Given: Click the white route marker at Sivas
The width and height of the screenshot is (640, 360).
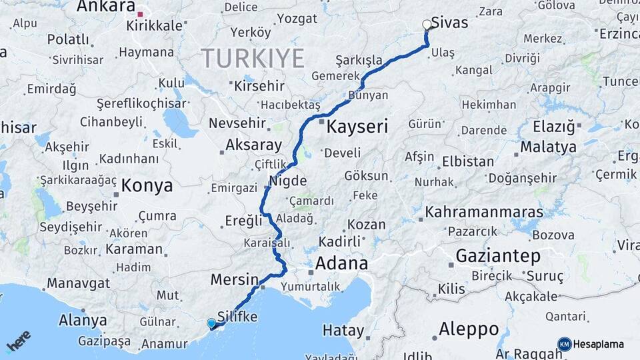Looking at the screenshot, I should [427, 25].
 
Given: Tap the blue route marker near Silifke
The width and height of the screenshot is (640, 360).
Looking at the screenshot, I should [211, 323].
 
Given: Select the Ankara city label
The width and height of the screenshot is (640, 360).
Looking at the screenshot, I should [106, 7].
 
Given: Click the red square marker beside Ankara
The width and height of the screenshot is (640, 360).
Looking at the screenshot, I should [140, 13].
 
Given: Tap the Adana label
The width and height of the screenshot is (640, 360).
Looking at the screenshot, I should [341, 263].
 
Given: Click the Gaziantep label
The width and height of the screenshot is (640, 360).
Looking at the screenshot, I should [498, 255].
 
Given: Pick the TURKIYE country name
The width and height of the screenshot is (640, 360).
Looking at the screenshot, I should [253, 59].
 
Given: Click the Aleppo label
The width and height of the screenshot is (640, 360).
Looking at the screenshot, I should [469, 329].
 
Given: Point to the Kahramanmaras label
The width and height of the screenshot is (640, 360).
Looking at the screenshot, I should [484, 212].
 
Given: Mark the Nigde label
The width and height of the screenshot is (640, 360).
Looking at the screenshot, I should [287, 181].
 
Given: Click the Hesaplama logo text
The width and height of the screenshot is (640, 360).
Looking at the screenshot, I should [598, 344].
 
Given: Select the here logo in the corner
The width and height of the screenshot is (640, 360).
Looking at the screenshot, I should [18, 341].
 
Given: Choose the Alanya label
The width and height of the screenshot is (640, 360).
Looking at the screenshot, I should [83, 320].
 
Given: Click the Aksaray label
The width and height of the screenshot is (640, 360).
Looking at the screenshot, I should [253, 145].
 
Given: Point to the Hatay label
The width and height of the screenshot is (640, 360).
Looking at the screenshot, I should [343, 330].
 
